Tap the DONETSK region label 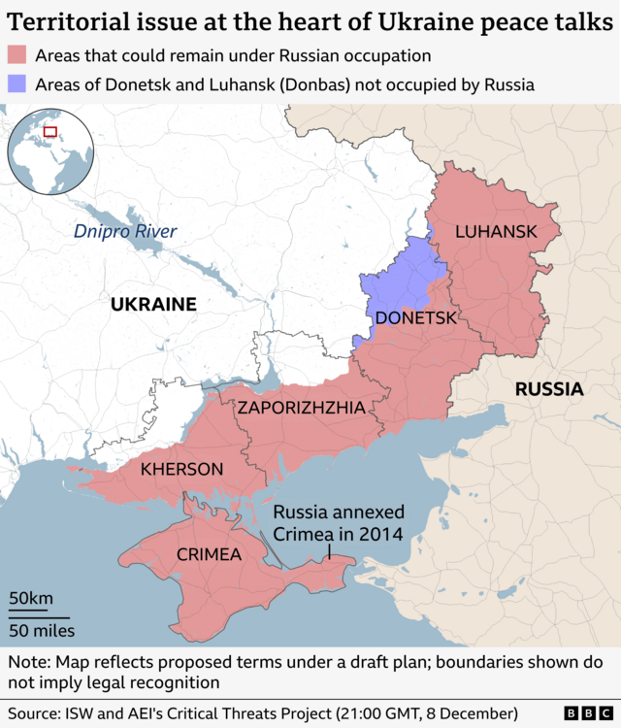point(415,318)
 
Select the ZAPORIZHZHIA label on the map point(302,409)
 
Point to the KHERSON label point(181,470)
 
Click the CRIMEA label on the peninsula point(209,554)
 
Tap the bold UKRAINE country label point(153,305)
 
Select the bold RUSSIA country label point(548,390)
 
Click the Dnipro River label point(125,231)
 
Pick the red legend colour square point(16,56)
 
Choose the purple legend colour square point(16,83)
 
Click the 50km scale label point(31,599)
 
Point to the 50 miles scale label point(42,632)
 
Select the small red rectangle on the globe point(50,132)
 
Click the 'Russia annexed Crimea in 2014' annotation point(338,523)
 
